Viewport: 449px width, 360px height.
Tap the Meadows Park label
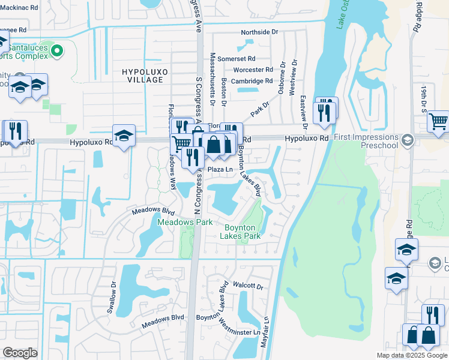tap(185, 222)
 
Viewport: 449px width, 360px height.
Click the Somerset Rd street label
tap(236, 59)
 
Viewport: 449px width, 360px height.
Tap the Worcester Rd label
tap(253, 70)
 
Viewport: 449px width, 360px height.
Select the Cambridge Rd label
tap(252, 81)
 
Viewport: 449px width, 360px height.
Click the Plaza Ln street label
tap(220, 170)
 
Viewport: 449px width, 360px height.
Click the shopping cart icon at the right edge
tap(438, 121)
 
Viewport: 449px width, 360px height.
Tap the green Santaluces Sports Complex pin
tap(58, 50)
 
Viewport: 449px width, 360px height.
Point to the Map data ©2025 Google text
tap(411, 355)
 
